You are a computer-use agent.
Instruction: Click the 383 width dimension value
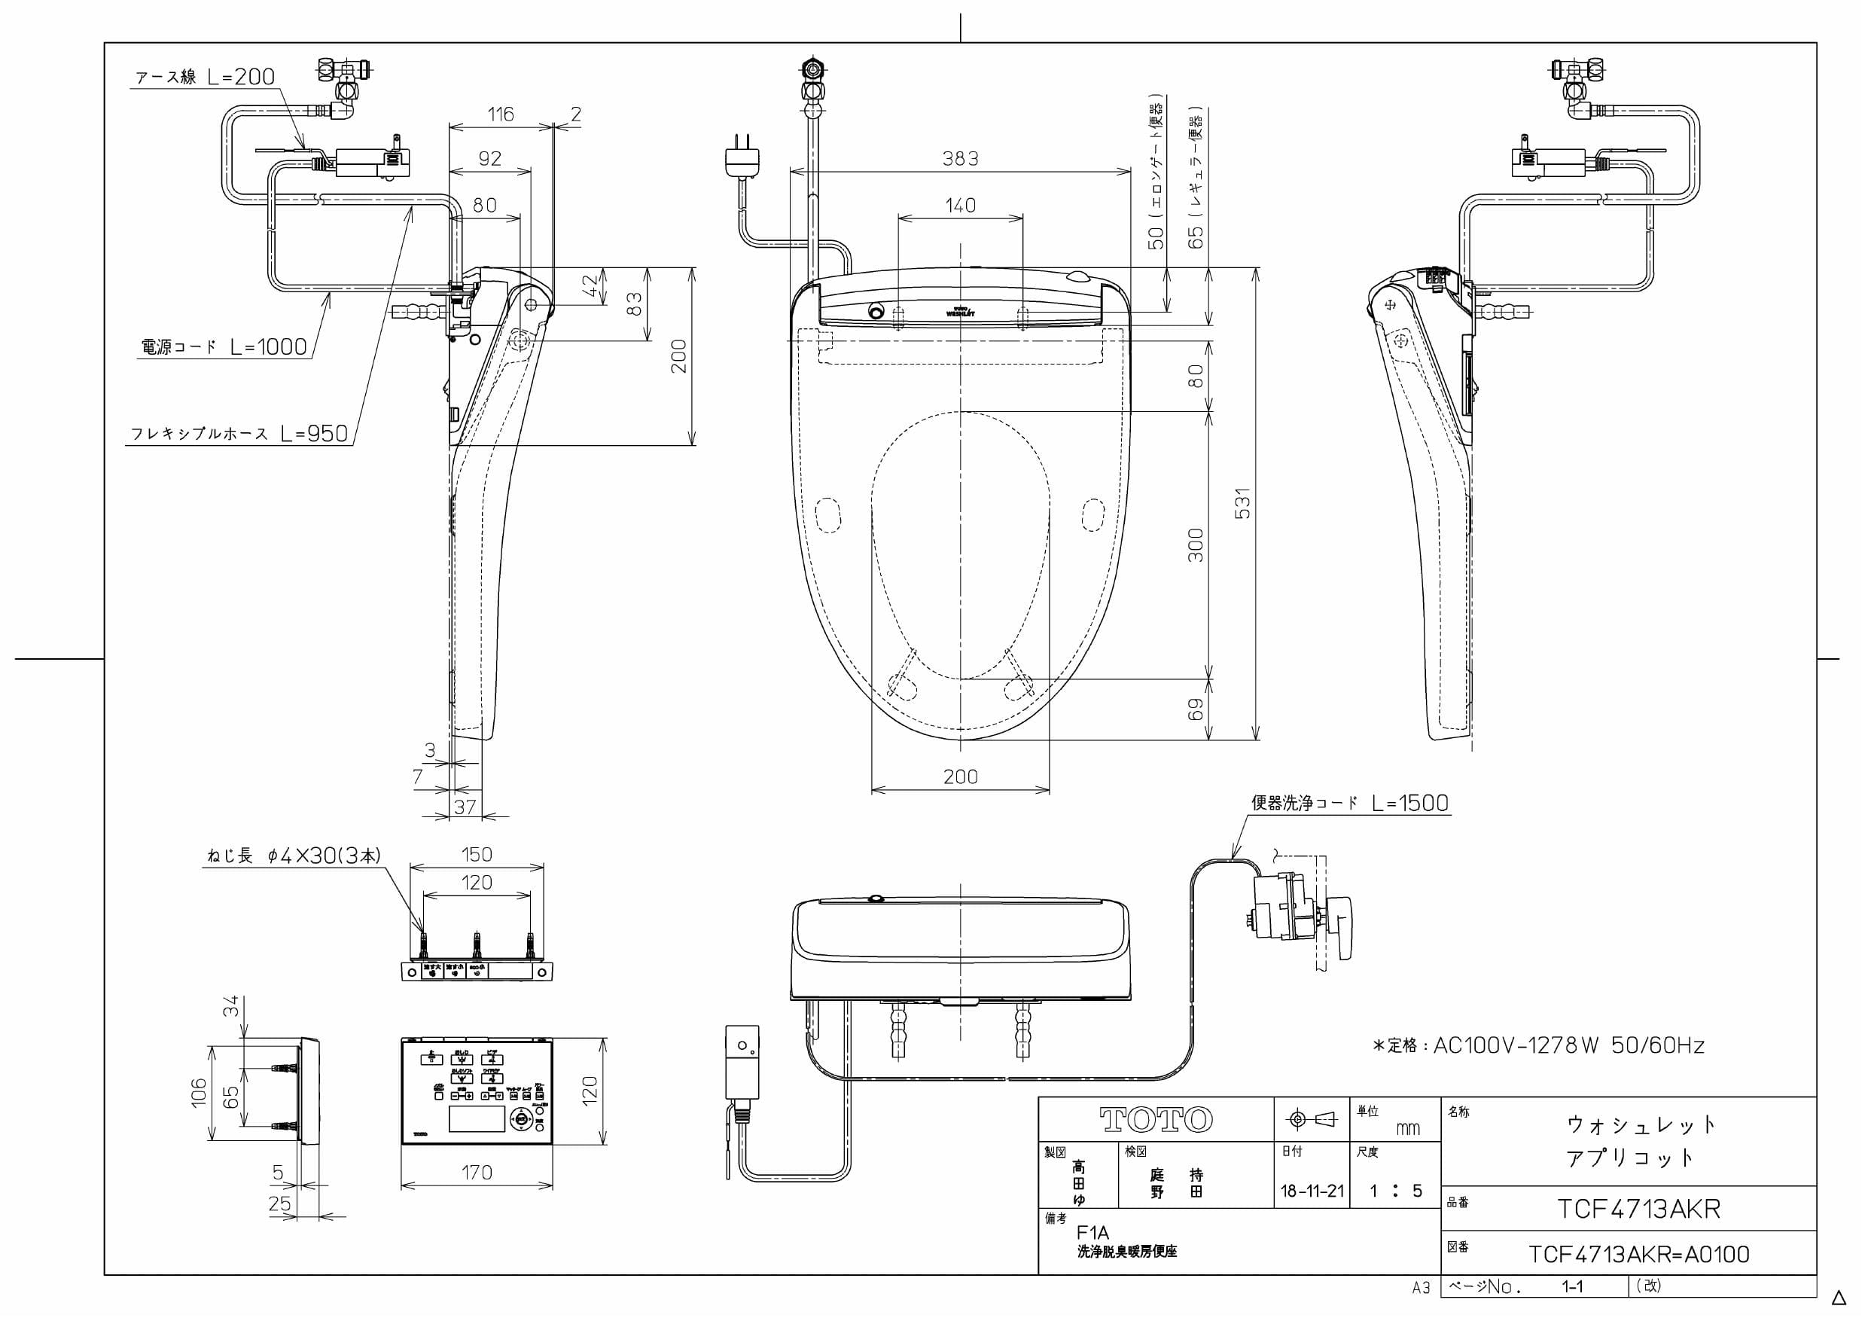click(x=959, y=159)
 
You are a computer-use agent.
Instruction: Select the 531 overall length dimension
click(x=1242, y=504)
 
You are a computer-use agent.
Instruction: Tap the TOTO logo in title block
click(x=1155, y=1120)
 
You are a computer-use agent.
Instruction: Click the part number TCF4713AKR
click(x=1638, y=1209)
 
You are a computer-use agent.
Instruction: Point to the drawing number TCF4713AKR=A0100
click(x=1638, y=1254)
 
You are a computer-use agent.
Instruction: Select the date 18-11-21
click(x=1312, y=1191)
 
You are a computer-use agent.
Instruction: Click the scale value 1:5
click(x=1394, y=1191)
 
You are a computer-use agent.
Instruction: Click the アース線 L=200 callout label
click(x=205, y=78)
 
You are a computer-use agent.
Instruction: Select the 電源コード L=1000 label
click(x=224, y=347)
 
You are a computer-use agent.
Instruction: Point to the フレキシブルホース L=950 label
click(x=240, y=434)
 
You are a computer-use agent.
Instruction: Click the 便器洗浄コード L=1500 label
click(x=1349, y=804)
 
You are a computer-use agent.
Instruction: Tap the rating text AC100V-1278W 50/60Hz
click(x=1537, y=1046)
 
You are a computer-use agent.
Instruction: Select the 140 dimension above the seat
click(x=960, y=205)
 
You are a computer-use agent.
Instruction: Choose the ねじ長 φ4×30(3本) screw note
click(x=294, y=856)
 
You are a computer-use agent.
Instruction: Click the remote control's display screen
click(x=477, y=1119)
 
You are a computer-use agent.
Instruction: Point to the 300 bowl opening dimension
click(x=1194, y=545)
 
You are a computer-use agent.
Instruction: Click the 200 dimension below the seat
click(x=960, y=776)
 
